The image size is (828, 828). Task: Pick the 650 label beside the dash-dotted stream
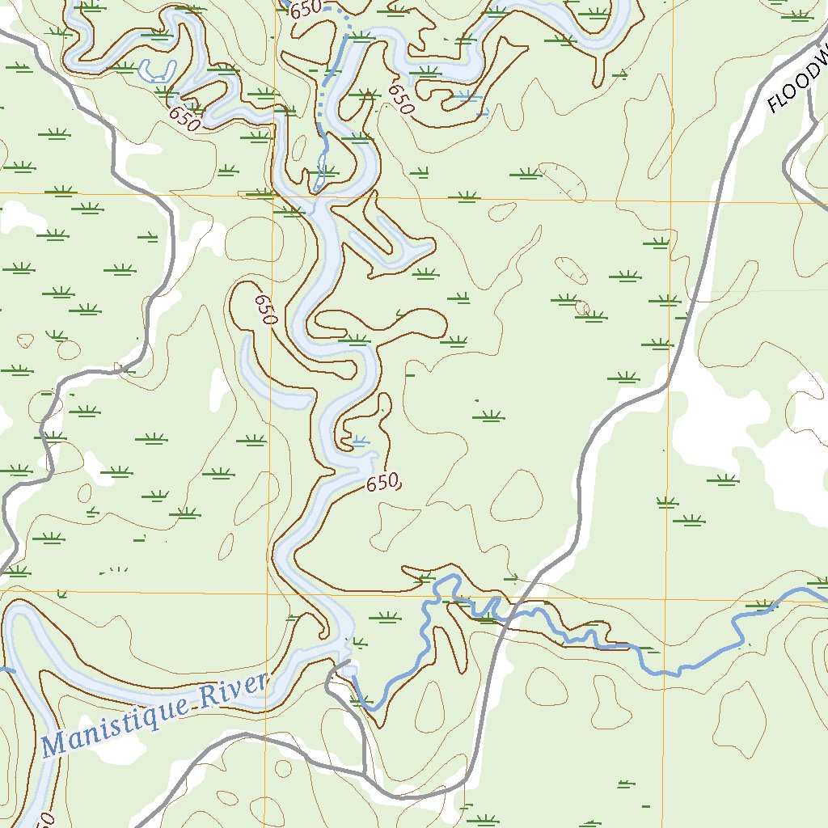point(306,9)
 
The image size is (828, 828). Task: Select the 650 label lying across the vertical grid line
point(266,309)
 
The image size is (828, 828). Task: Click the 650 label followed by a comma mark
point(383,484)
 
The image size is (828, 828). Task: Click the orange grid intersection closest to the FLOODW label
point(670,200)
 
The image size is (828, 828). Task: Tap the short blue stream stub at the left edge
point(6,669)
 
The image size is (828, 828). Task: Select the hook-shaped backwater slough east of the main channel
point(388,243)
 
